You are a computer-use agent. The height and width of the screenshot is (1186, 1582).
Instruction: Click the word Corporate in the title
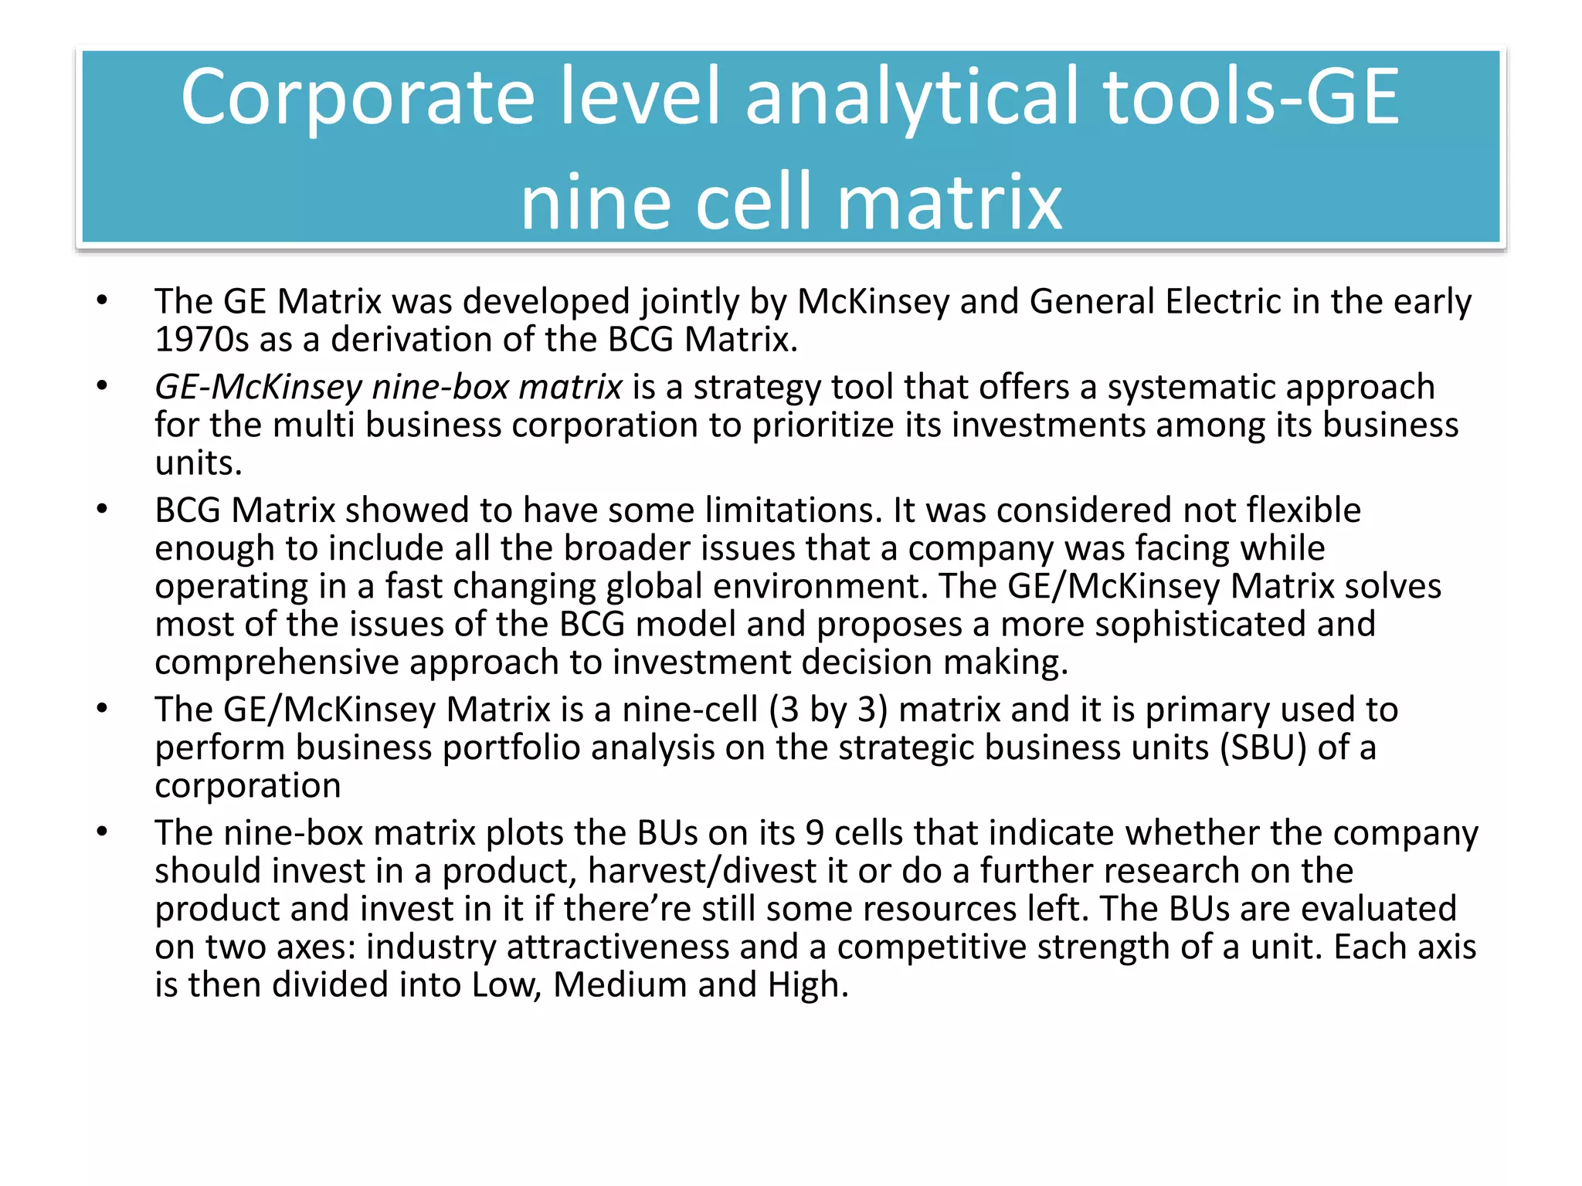coord(358,97)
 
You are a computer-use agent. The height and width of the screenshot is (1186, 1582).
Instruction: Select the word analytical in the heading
coord(914,97)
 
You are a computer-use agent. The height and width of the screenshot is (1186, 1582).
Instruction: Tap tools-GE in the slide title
coord(1251,97)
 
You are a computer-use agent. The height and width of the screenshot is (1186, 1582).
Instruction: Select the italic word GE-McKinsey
coord(258,387)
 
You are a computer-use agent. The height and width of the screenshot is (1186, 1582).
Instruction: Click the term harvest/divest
coord(701,871)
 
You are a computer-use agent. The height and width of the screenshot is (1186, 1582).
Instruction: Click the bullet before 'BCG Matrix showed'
coord(102,509)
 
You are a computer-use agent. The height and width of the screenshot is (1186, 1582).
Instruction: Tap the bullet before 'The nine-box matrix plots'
coord(102,832)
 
